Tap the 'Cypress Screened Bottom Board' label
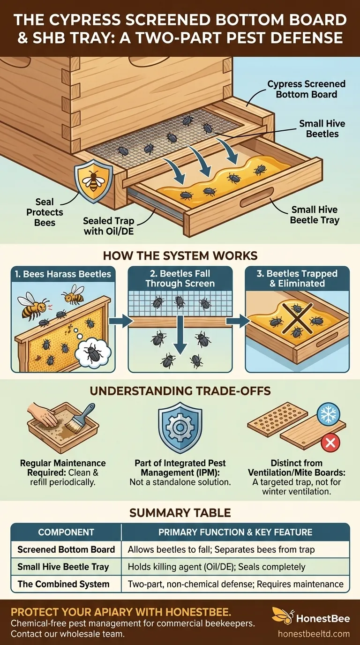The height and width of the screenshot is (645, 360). (306, 89)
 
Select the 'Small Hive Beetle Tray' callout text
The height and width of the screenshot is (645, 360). (314, 215)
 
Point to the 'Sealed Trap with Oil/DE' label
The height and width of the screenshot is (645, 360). (109, 225)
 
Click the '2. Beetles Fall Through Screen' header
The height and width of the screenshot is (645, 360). (180, 278)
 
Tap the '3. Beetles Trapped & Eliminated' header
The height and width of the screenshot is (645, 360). (297, 278)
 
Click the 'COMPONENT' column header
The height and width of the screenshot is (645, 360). (66, 532)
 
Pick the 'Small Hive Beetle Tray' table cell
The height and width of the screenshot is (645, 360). (63, 567)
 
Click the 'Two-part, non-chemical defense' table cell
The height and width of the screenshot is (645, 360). (235, 584)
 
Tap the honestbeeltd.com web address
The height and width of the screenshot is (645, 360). (320, 633)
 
